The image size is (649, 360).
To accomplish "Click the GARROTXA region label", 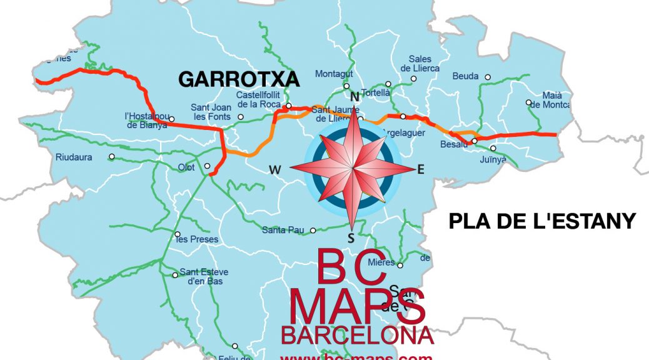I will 239,79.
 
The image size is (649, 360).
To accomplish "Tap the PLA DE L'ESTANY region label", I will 542,221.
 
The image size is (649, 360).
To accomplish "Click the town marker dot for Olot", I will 208,166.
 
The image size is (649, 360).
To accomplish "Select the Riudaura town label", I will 74,157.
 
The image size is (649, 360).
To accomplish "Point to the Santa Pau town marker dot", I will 313,230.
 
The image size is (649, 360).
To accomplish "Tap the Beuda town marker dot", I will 488,77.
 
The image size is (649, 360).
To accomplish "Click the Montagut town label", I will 334,74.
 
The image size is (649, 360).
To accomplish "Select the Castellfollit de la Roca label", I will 259,99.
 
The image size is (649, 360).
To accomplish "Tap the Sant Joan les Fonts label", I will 211,112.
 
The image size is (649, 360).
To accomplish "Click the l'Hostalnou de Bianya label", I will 146,120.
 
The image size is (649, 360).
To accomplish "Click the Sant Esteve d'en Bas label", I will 204,276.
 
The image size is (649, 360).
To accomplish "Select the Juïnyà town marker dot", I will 493,148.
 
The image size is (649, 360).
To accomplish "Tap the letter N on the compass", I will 355,97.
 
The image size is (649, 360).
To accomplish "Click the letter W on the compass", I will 274,169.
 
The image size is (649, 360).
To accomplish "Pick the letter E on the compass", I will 420,169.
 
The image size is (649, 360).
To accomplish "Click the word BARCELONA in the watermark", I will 357,335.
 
